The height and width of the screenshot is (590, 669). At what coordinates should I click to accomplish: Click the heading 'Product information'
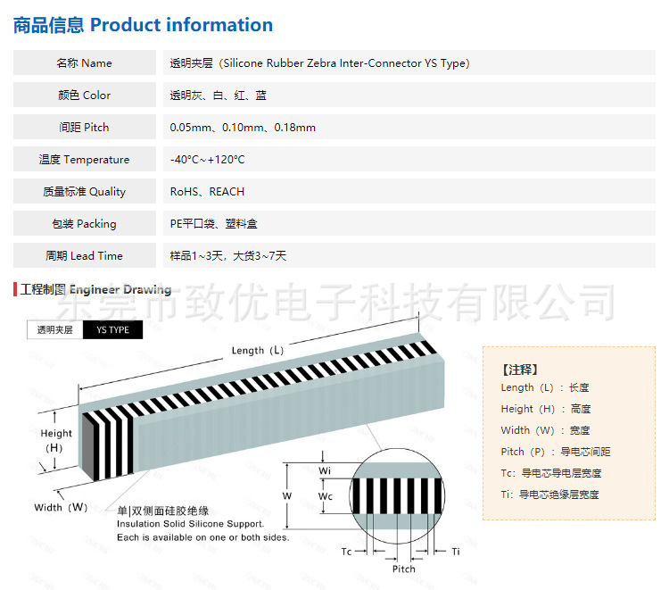point(181,25)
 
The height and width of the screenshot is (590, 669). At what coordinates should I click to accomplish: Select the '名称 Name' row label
point(85,63)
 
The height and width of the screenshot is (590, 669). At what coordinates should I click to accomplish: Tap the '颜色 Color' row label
point(85,96)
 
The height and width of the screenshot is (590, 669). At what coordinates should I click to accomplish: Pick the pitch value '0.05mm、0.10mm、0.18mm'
point(243,128)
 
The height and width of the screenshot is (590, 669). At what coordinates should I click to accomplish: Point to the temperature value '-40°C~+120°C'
point(207,160)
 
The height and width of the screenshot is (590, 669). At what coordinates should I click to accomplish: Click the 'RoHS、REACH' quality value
point(207,192)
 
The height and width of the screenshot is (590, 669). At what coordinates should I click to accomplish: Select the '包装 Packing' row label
point(85,224)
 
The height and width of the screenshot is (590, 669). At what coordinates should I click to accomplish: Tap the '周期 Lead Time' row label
point(85,256)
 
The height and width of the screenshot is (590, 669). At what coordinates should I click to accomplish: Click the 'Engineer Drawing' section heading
point(120,290)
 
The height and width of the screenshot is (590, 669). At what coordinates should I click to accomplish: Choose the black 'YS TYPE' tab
point(112,329)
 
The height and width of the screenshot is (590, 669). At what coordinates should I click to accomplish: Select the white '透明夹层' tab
point(55,329)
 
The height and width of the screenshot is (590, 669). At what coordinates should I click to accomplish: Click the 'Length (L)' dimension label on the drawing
point(258,351)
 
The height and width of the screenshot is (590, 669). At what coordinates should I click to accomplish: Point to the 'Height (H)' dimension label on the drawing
point(56,440)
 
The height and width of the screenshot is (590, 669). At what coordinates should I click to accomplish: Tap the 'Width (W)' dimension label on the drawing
point(61,507)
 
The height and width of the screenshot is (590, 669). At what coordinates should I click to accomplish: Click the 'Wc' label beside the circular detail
point(326,494)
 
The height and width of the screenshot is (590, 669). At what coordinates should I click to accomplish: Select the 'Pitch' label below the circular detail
point(404,569)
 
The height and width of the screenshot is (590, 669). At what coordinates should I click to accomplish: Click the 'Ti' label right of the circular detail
point(456,552)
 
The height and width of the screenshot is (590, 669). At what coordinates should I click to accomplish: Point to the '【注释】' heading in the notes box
point(520,369)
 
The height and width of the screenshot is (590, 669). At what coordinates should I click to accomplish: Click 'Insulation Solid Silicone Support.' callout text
point(191,524)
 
